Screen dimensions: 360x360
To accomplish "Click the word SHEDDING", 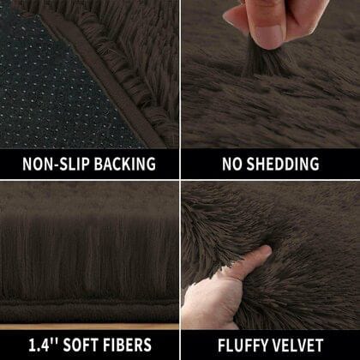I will click(x=282, y=164).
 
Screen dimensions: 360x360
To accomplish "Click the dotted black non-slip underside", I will click(x=43, y=77).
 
